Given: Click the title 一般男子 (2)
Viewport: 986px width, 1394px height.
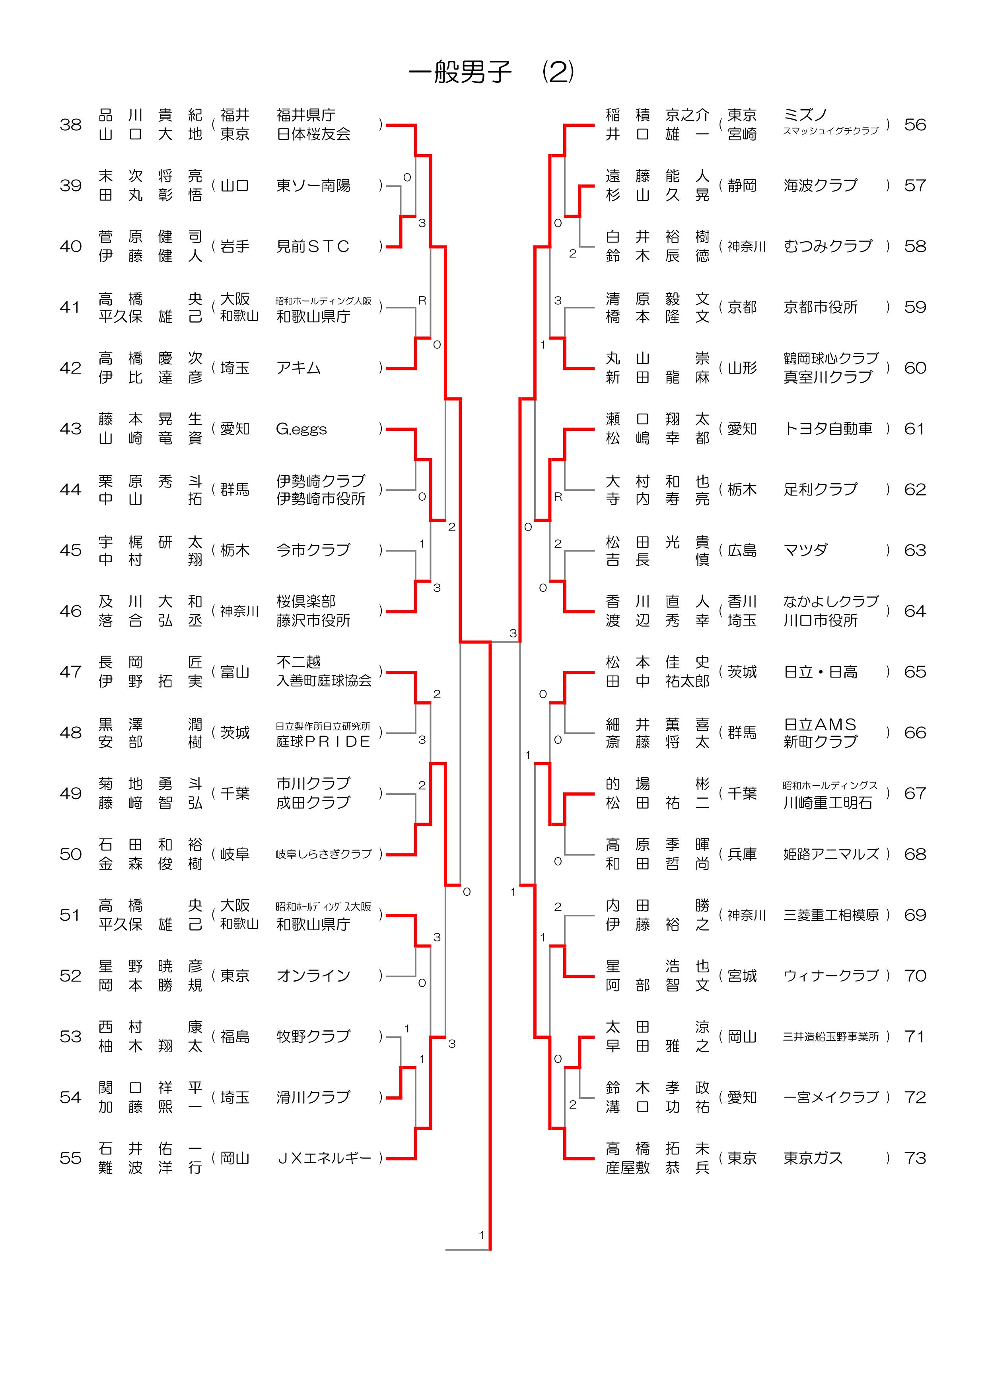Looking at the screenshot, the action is [491, 72].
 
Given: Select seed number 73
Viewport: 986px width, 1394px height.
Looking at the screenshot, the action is [915, 1158].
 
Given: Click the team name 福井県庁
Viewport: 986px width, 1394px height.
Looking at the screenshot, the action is [305, 115].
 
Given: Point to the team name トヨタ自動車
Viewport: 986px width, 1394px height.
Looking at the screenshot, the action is [827, 429].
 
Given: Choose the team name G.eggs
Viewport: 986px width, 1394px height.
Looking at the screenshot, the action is [301, 429].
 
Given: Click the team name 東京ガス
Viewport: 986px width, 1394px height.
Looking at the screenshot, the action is [813, 1158].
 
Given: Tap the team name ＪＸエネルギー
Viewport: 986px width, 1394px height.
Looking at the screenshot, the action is [324, 1158].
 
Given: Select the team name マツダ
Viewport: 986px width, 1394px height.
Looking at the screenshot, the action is [805, 550].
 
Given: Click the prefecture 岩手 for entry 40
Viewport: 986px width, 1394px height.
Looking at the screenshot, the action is [235, 246].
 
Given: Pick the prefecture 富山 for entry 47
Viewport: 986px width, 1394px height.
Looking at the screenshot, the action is [235, 672].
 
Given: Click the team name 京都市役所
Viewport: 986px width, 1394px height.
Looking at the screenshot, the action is [820, 307].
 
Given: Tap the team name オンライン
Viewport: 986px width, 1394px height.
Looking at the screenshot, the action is [313, 976].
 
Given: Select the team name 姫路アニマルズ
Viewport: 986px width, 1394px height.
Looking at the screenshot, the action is [830, 854].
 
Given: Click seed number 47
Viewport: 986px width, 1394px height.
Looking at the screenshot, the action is [70, 672].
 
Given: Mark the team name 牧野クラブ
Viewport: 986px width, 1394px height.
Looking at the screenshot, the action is [313, 1036].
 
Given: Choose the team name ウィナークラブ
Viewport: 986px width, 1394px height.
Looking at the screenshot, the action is [830, 976].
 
